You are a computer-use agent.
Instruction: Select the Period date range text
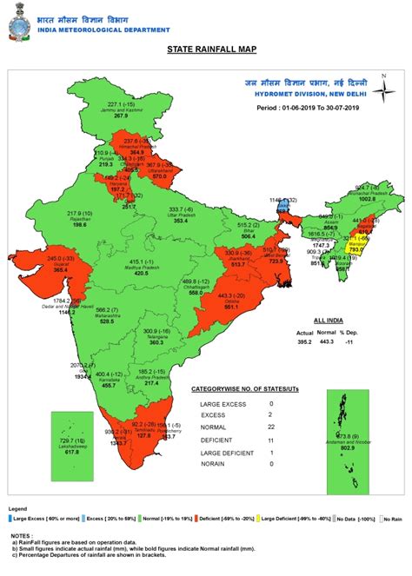(x=309, y=109)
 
